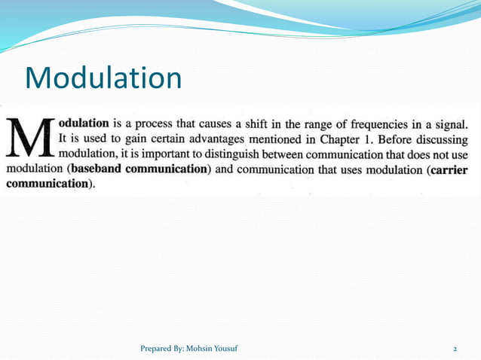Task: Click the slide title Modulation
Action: click(x=103, y=78)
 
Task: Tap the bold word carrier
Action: click(x=450, y=170)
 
